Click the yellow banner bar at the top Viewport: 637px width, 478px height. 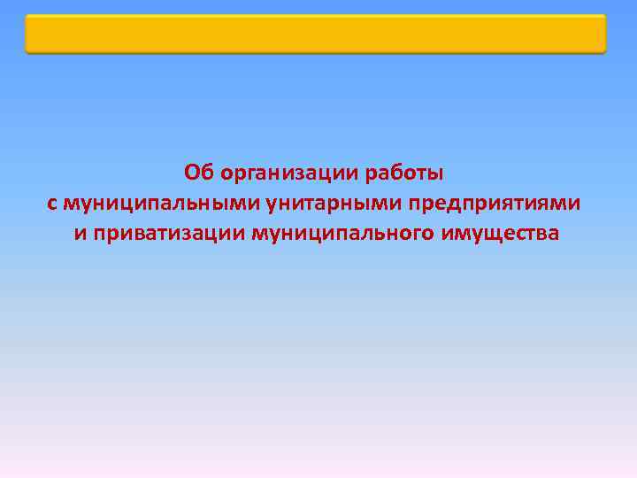[x=316, y=34]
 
